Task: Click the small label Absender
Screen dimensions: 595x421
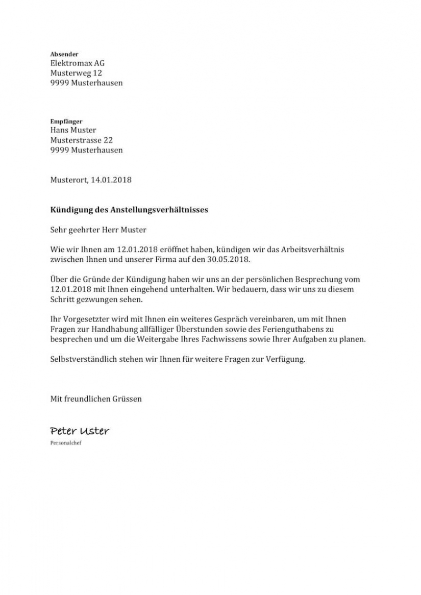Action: [x=64, y=54]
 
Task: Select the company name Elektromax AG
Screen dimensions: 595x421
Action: [x=78, y=63]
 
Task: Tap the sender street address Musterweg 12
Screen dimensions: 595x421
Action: [x=76, y=73]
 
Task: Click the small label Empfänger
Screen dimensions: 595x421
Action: [x=66, y=121]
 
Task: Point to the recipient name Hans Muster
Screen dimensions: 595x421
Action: [x=73, y=130]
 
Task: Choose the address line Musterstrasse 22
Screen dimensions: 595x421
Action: [x=82, y=140]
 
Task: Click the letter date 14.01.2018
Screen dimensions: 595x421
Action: [x=111, y=180]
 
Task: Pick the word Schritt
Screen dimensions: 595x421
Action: [x=62, y=299]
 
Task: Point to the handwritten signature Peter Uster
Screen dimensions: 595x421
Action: [x=80, y=431]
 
